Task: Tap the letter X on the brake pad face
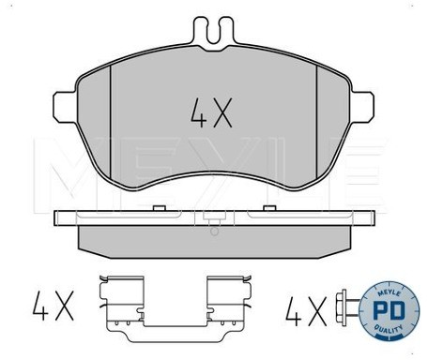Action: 221,114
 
